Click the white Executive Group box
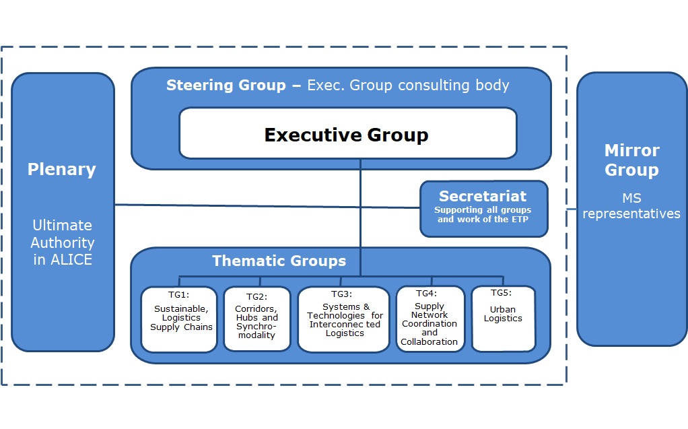pyautogui.click(x=347, y=134)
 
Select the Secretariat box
pyautogui.click(x=483, y=209)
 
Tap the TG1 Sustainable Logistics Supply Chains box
pyautogui.click(x=179, y=319)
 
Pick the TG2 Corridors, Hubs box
pyautogui.click(x=257, y=319)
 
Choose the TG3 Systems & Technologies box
pyautogui.click(x=344, y=319)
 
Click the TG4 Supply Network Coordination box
pyautogui.click(x=430, y=319)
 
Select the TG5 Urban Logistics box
pyautogui.click(x=504, y=319)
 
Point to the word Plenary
pyautogui.click(x=62, y=169)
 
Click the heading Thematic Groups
pyautogui.click(x=279, y=261)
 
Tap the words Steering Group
pyautogui.click(x=226, y=86)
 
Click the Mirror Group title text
pyautogui.click(x=631, y=160)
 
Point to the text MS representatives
pyautogui.click(x=631, y=205)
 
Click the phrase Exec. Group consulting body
pyautogui.click(x=408, y=86)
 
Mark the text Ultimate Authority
pyautogui.click(x=63, y=234)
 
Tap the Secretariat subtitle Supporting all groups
pyautogui.click(x=483, y=211)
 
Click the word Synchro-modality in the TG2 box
pyautogui.click(x=257, y=331)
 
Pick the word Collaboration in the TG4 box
pyautogui.click(x=429, y=341)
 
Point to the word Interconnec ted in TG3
pyautogui.click(x=345, y=324)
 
